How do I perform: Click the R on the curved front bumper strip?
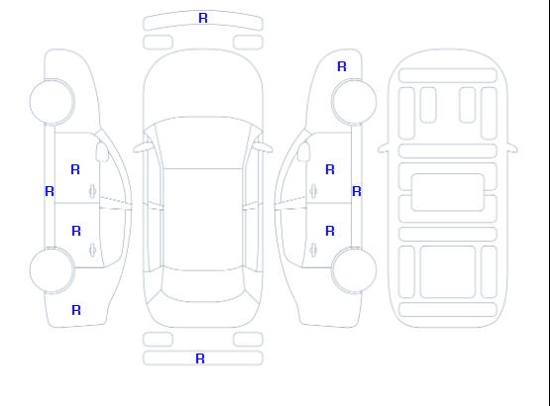pos(203,18)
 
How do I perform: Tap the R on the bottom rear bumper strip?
pos(200,358)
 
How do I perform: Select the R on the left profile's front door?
pos(75,169)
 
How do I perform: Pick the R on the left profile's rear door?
pos(76,231)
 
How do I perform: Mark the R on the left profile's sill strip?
pos(50,191)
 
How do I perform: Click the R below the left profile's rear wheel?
pos(76,310)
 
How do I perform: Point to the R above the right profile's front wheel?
pos(342,66)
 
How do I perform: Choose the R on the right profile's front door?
pos(330,169)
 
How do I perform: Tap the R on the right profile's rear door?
pos(330,231)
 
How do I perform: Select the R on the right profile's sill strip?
pos(357,191)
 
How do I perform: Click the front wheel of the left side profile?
pos(52,102)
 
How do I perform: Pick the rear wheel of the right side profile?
pos(354,269)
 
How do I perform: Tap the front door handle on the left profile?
pos(93,191)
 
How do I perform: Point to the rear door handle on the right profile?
pos(313,250)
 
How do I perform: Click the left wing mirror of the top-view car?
pos(143,148)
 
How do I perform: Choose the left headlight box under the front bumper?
pos(158,43)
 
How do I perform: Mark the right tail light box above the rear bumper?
pos(248,340)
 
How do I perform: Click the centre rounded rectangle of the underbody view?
pos(448,192)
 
